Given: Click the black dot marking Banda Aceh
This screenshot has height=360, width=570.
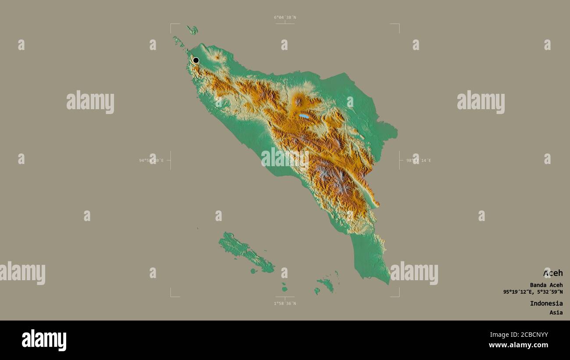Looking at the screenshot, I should pos(196,61).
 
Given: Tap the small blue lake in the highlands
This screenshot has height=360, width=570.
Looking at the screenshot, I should pos(303,116).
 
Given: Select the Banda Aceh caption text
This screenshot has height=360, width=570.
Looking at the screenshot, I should pos(546,285).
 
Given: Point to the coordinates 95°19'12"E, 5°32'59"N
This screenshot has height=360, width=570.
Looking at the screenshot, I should pos(533,292).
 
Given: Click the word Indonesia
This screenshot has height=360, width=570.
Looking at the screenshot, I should pos(546,303).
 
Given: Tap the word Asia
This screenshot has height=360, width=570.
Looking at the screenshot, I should pos(556,313).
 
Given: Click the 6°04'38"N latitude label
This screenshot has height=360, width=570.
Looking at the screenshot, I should pos(285,18).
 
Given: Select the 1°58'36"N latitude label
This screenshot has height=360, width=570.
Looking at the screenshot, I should pos(285,303).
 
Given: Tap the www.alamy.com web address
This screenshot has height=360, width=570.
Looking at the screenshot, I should pos(518,345).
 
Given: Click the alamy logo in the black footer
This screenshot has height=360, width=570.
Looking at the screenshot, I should pos(44,340).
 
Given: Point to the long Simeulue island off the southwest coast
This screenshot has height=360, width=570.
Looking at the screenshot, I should pos(246,251).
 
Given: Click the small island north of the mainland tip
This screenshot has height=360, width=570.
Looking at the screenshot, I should pos(192,30).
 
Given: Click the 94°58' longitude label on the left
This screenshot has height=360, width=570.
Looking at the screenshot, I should pos(151,160).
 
